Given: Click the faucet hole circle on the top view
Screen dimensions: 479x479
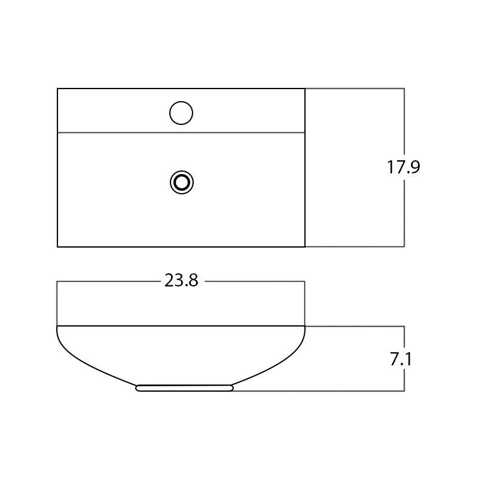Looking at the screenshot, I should click(181, 113).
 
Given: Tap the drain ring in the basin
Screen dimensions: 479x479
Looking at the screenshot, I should click(182, 182).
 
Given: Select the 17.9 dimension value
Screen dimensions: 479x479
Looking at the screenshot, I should click(404, 167).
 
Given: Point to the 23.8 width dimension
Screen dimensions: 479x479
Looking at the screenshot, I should click(181, 281).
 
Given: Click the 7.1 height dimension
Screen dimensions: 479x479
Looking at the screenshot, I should click(401, 359).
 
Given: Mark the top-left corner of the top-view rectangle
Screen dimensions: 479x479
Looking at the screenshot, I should click(57, 89).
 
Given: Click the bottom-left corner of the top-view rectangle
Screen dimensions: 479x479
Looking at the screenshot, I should click(57, 246).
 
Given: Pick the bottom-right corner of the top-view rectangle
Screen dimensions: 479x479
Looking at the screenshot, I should click(305, 246).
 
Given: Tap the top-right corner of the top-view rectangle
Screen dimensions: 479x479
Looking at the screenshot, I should click(305, 89).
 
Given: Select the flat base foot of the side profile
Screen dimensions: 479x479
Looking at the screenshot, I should click(184, 388).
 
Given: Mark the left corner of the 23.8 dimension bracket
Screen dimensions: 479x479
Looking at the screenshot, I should click(57, 281).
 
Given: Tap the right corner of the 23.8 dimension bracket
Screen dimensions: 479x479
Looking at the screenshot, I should click(305, 281).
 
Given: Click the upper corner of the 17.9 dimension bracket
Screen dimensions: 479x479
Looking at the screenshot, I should click(404, 89).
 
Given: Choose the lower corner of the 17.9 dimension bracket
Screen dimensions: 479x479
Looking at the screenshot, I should click(404, 246).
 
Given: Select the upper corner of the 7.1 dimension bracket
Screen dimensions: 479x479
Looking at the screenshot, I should click(404, 327).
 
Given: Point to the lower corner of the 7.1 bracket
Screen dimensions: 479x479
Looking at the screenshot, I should click(404, 391).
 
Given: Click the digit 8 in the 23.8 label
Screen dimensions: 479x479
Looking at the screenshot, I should click(192, 281).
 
